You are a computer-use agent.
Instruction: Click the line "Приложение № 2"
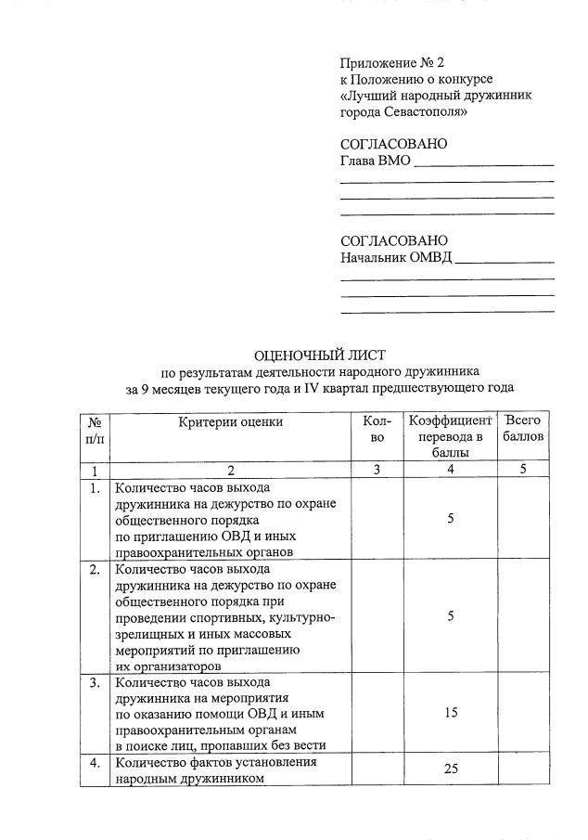392,63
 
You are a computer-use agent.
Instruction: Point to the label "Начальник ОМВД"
396,257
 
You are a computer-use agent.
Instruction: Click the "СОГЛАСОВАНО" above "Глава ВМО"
393,144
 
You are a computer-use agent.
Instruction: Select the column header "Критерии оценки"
231,422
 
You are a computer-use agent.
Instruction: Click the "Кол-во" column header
377,429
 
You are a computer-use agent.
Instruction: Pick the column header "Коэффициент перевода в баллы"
450,436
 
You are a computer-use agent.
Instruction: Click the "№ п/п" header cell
94,429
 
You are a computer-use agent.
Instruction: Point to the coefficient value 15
450,713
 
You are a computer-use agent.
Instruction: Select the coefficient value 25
451,769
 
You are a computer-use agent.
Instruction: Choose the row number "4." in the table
95,763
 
